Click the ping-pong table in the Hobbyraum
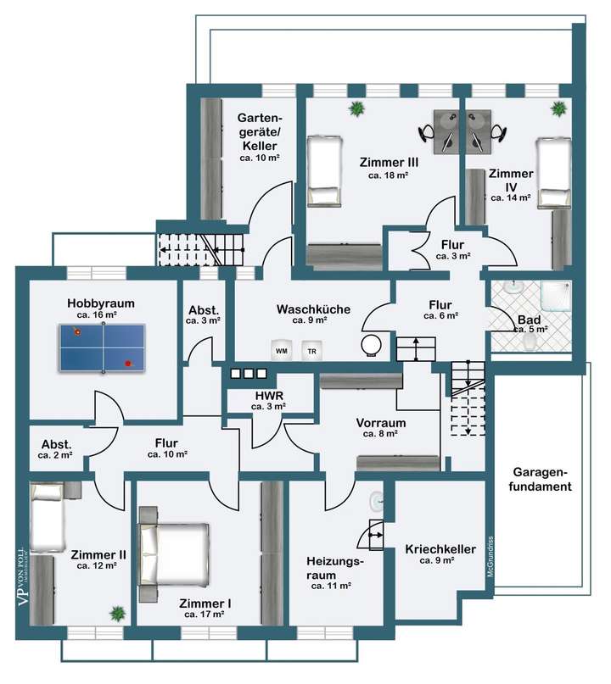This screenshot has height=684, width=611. point(102,348)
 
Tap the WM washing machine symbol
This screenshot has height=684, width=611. point(282,350)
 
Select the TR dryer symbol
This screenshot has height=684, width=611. point(311,351)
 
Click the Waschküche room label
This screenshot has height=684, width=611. point(313,309)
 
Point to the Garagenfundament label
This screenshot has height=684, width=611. point(541,480)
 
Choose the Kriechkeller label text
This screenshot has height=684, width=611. point(440,549)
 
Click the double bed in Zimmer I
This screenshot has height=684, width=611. point(173,554)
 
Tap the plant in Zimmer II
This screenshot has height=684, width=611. point(117,614)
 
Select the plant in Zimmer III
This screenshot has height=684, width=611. point(357,108)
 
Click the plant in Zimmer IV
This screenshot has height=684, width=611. point(558,108)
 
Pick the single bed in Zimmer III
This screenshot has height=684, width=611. point(323,171)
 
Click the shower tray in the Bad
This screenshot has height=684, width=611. point(556,297)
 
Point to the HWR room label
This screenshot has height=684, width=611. point(270,396)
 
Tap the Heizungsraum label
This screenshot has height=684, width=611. point(334,568)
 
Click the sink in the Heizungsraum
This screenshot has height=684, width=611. point(377,501)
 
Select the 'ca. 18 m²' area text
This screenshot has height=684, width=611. point(389,175)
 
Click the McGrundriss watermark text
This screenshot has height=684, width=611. point(490,557)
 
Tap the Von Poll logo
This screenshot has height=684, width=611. point(23,576)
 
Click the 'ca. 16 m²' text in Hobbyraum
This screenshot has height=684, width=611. point(97,315)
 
